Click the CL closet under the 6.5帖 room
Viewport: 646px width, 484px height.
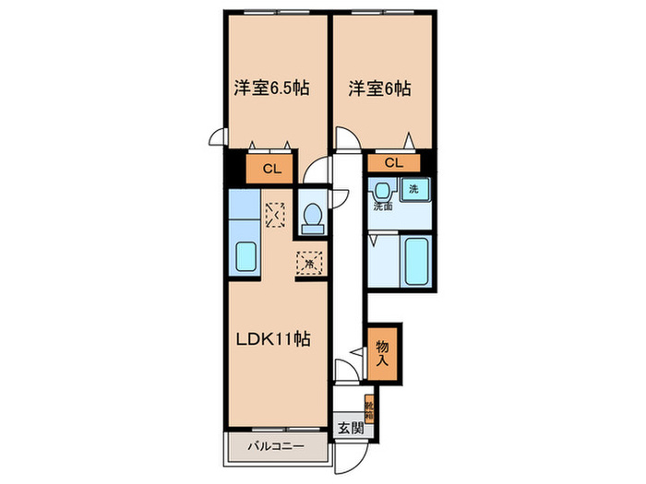click(271, 169)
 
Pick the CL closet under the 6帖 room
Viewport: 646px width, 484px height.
click(393, 163)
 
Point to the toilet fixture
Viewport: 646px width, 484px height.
click(312, 217)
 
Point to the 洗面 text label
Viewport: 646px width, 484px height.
click(383, 207)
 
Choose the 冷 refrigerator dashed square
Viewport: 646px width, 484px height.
click(309, 263)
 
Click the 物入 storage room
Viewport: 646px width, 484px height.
click(384, 351)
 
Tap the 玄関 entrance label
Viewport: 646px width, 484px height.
click(348, 427)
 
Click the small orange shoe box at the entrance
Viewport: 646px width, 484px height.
click(368, 406)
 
